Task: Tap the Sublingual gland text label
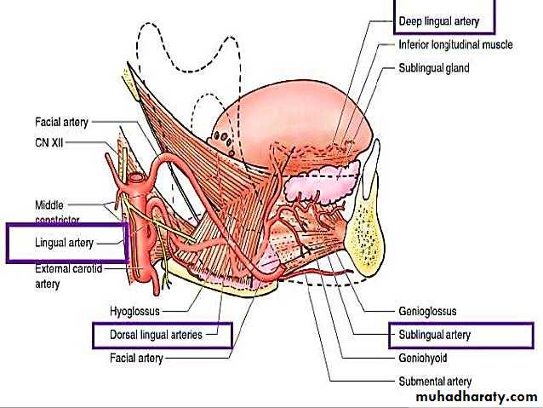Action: pyautogui.click(x=433, y=67)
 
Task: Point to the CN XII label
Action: pyautogui.click(x=49, y=143)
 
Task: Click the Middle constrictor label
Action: pyautogui.click(x=54, y=210)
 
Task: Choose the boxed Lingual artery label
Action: pyautogui.click(x=65, y=243)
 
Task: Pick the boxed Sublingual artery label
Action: pyautogui.click(x=434, y=335)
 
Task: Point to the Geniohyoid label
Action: pyautogui.click(x=423, y=358)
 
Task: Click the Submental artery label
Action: pyautogui.click(x=434, y=381)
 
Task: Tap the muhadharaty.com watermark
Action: pyautogui.click(x=477, y=397)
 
